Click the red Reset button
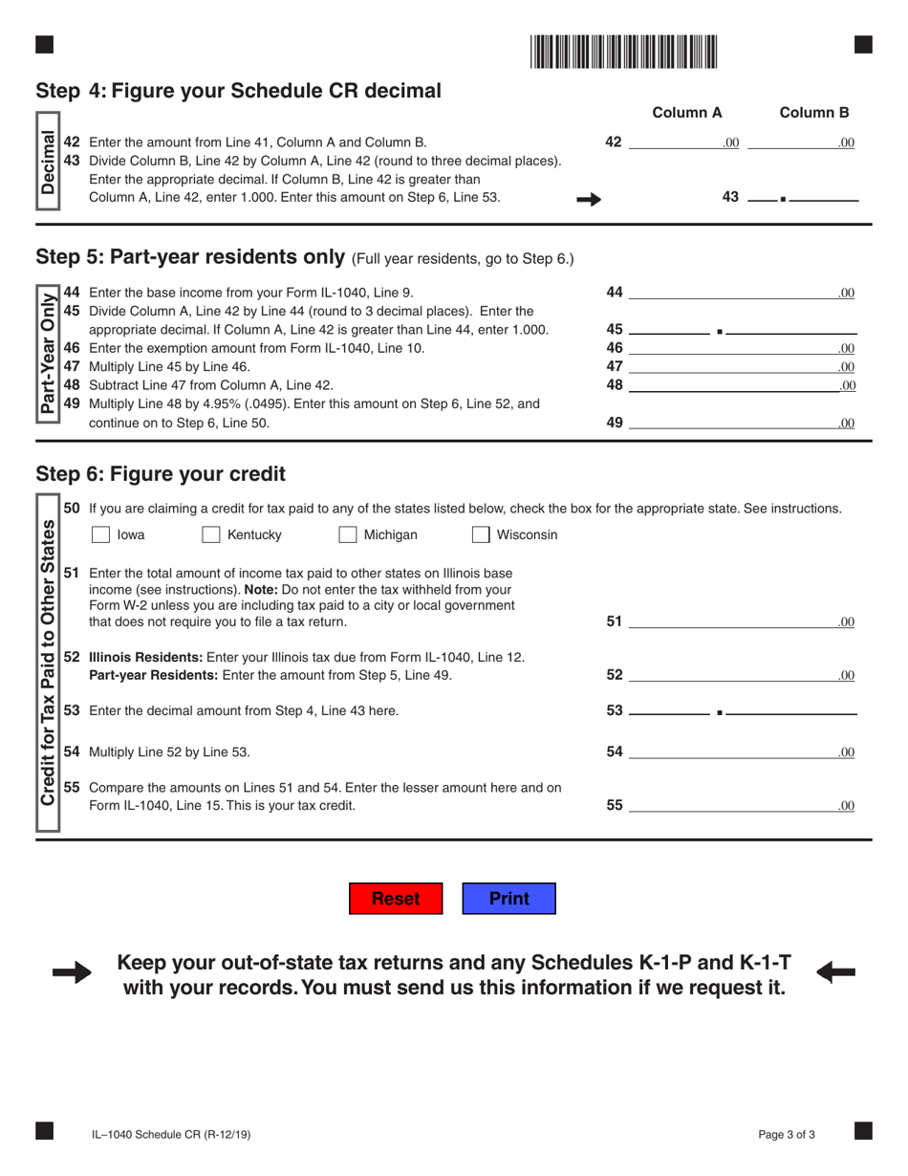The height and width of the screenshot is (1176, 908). click(396, 899)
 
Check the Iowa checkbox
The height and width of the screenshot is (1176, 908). click(100, 535)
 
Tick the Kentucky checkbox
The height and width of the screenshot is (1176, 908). click(211, 535)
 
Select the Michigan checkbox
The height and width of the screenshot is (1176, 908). click(348, 535)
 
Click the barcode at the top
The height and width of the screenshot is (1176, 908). click(624, 52)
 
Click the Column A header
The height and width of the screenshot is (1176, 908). click(686, 113)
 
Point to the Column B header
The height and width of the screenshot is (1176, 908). click(813, 113)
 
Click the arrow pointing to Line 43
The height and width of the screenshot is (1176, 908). click(590, 199)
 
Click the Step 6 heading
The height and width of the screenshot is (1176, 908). click(161, 474)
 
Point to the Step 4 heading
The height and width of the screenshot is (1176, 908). click(238, 91)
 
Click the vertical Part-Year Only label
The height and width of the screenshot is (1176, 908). click(47, 351)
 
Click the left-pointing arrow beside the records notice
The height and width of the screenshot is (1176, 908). click(836, 973)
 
